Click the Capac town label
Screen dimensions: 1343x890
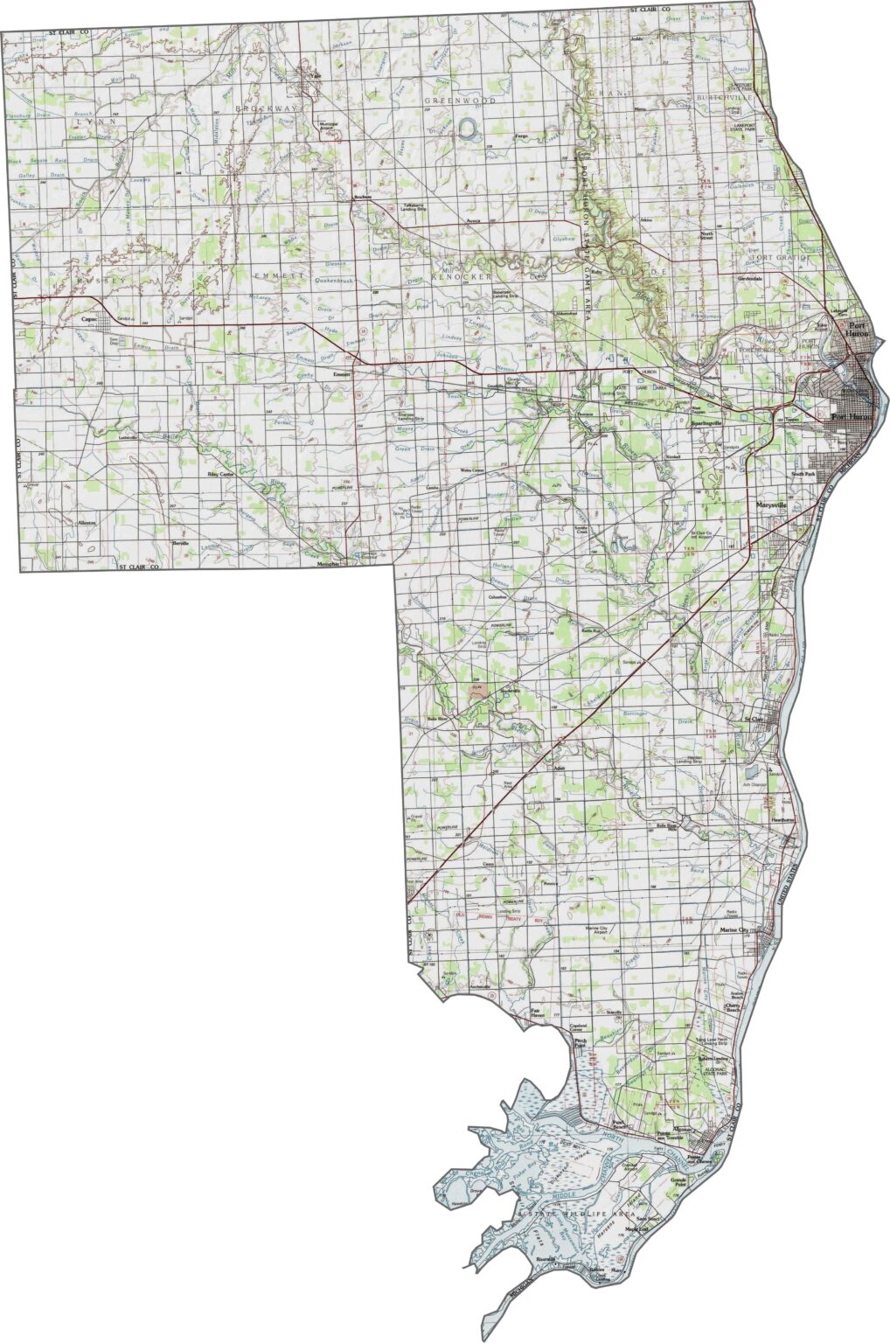[87, 319]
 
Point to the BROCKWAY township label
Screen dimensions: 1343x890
[266, 108]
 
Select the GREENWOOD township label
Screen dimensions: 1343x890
[460, 101]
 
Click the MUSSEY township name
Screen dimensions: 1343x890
[101, 280]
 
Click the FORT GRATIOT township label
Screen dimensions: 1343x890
[782, 258]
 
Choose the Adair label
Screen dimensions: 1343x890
[560, 768]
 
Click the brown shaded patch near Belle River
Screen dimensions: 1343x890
[476, 688]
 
